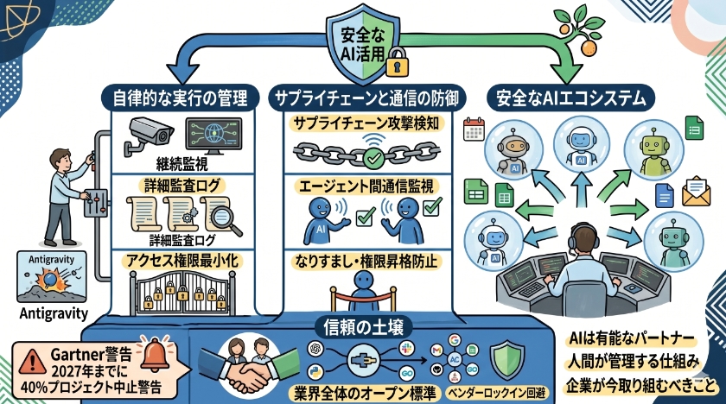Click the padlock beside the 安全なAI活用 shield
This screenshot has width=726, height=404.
398,62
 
